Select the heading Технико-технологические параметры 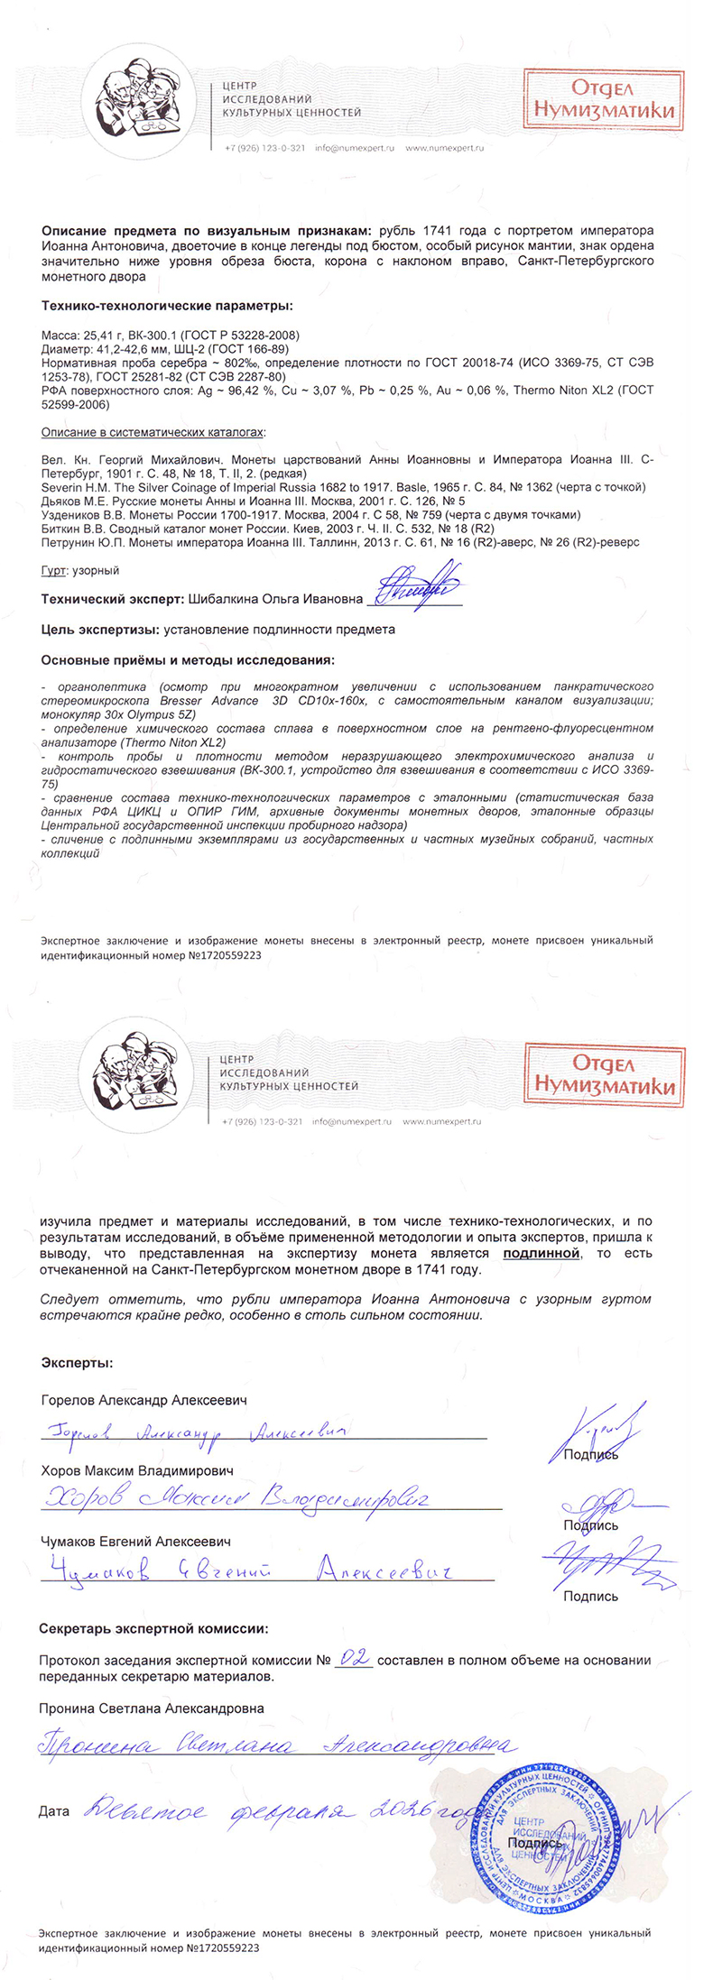coord(167,306)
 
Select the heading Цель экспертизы coord(99,630)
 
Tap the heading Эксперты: coord(78,1363)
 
